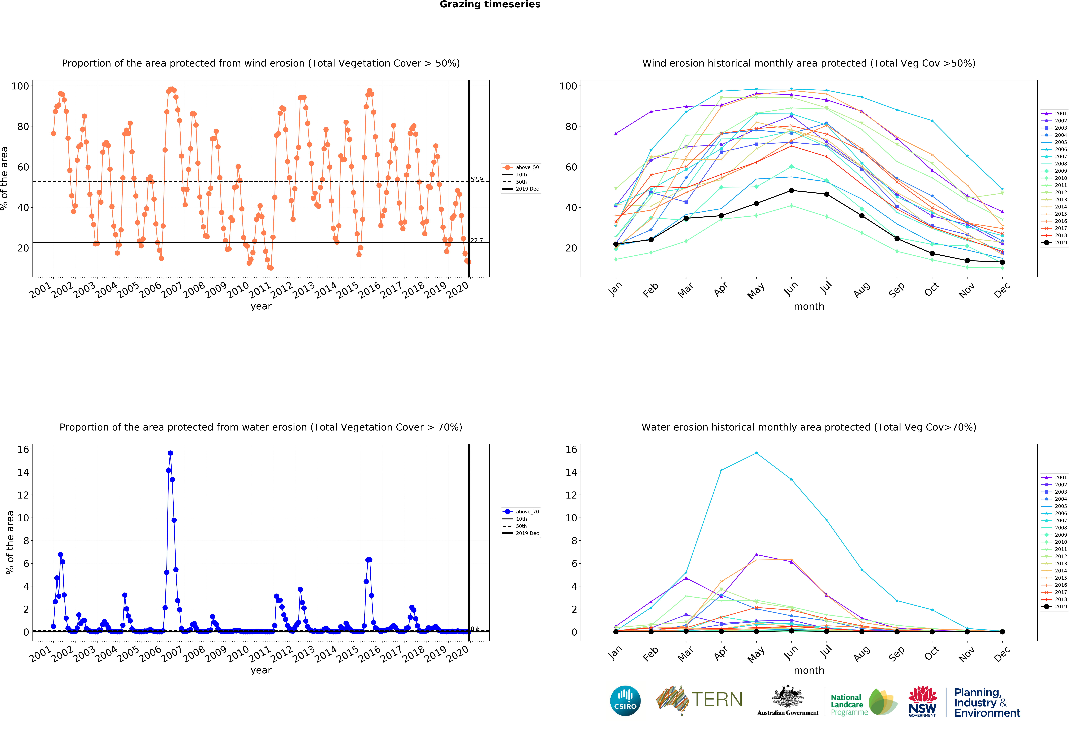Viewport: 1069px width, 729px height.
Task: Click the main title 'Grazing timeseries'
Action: pyautogui.click(x=490, y=5)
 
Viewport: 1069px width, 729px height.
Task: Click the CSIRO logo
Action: pyautogui.click(x=625, y=701)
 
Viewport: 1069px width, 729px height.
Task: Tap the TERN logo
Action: pyautogui.click(x=699, y=700)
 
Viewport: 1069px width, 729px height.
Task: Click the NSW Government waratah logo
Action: pyautogui.click(x=923, y=701)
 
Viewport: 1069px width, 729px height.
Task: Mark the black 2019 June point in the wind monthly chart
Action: pyautogui.click(x=791, y=191)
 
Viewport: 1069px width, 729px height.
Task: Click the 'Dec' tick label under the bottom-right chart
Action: pyautogui.click(x=1001, y=654)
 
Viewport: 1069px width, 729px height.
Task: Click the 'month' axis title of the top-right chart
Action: pyautogui.click(x=809, y=306)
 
